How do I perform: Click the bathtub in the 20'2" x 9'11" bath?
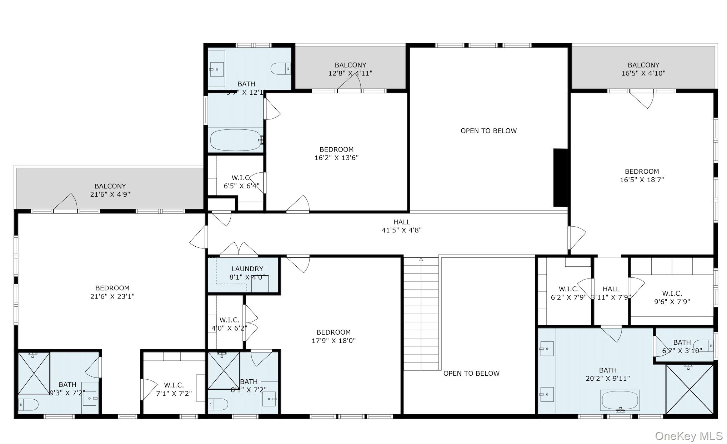(x=620, y=400)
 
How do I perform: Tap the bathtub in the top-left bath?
(x=236, y=140)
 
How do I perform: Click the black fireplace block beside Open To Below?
(x=560, y=178)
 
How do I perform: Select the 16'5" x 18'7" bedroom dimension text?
(x=642, y=180)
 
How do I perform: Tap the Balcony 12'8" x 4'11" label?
(x=350, y=69)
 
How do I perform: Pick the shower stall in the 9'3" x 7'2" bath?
(x=34, y=373)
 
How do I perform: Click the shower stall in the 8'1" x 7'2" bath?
(x=224, y=370)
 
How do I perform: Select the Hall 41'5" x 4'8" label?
(x=401, y=226)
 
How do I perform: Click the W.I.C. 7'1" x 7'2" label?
(x=174, y=389)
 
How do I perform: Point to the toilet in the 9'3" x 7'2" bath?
(x=29, y=405)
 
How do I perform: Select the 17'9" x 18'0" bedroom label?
(x=334, y=336)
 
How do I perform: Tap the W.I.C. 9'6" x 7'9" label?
(x=672, y=297)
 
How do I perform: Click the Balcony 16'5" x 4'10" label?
(x=643, y=69)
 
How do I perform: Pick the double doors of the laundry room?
(x=239, y=249)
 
